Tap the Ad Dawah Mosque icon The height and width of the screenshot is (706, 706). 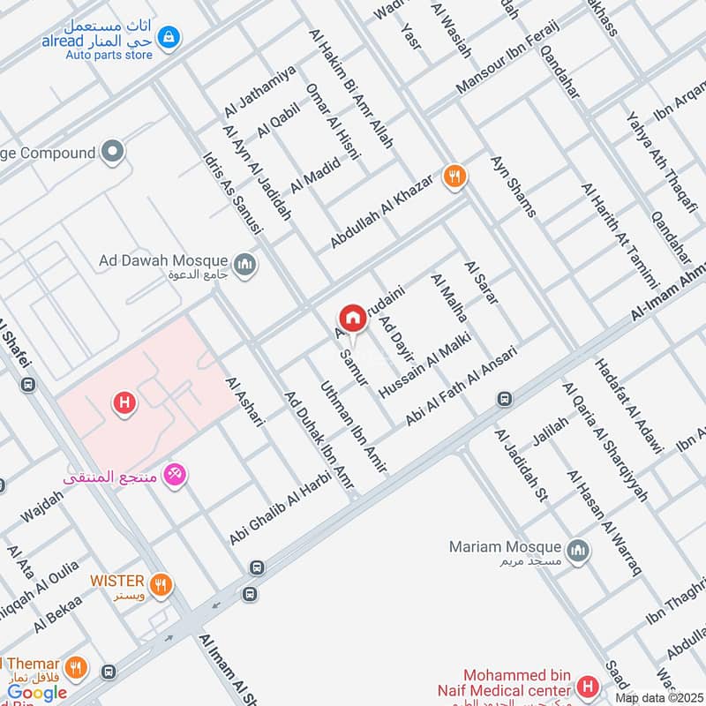244,264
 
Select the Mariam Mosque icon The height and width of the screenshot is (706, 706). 577,552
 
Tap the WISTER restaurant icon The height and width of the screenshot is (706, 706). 161,583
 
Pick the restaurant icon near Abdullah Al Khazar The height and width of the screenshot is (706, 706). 455,177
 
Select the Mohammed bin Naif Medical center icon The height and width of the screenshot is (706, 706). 587,686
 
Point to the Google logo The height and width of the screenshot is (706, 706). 37,694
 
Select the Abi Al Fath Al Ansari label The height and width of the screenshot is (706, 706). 462,386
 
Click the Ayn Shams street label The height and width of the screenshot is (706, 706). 513,186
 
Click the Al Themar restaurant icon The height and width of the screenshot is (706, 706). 77,666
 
